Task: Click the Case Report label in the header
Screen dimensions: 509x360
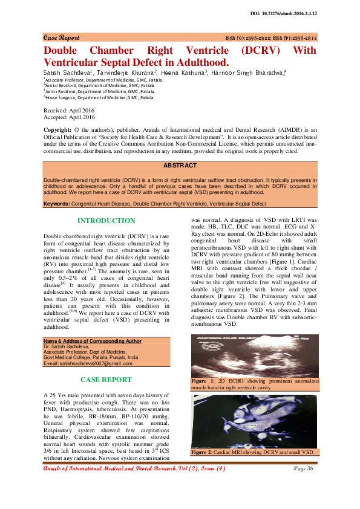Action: coord(61,37)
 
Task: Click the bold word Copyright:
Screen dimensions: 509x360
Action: coord(59,131)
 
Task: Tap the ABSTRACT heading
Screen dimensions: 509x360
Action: coord(180,165)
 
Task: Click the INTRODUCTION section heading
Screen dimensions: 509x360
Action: coord(106,221)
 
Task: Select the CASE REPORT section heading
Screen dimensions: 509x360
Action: coord(106,380)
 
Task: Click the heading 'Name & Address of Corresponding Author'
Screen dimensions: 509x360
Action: coord(92,341)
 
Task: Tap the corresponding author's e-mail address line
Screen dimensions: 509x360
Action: coord(88,363)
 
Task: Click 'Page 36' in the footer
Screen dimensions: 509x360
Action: coord(303,468)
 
